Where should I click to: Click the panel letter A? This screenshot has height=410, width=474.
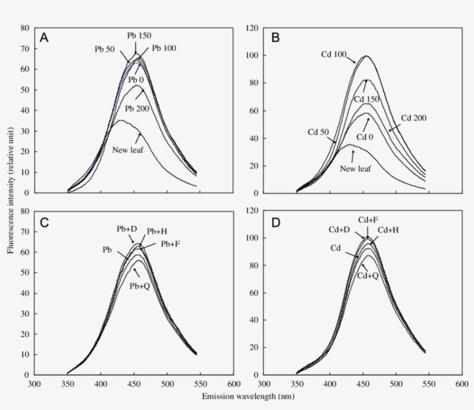45,38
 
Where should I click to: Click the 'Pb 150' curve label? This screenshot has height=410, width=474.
139,35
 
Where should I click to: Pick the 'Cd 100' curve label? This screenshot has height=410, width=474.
334,55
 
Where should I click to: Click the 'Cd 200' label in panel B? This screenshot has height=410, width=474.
413,119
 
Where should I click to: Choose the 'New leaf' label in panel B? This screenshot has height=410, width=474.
355,168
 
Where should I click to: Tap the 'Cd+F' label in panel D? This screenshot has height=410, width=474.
368,220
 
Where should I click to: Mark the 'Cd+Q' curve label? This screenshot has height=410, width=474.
368,276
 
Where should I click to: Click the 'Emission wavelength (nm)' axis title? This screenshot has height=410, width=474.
247,397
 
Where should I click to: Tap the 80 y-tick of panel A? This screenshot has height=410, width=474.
25,28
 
